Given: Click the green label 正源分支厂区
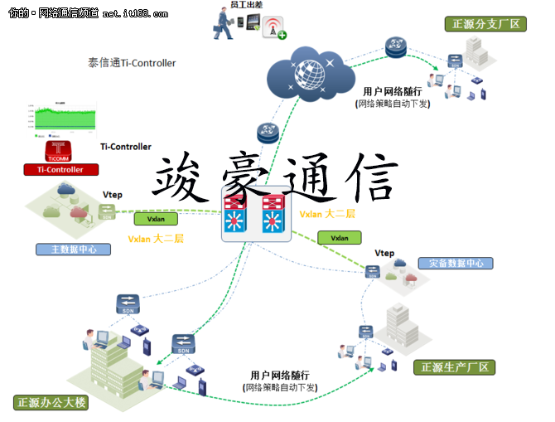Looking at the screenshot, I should pos(485,24).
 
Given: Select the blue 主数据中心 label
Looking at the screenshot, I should pos(73,249).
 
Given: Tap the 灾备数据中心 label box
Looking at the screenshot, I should pos(455,264).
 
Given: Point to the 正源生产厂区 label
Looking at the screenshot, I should pos(455,366).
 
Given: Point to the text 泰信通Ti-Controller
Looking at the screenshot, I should pos(132,63).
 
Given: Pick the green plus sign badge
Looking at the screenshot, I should pos(282,35).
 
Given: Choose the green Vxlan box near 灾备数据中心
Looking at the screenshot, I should pos(340,238).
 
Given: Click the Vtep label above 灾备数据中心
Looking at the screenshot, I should pos(384,253).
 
